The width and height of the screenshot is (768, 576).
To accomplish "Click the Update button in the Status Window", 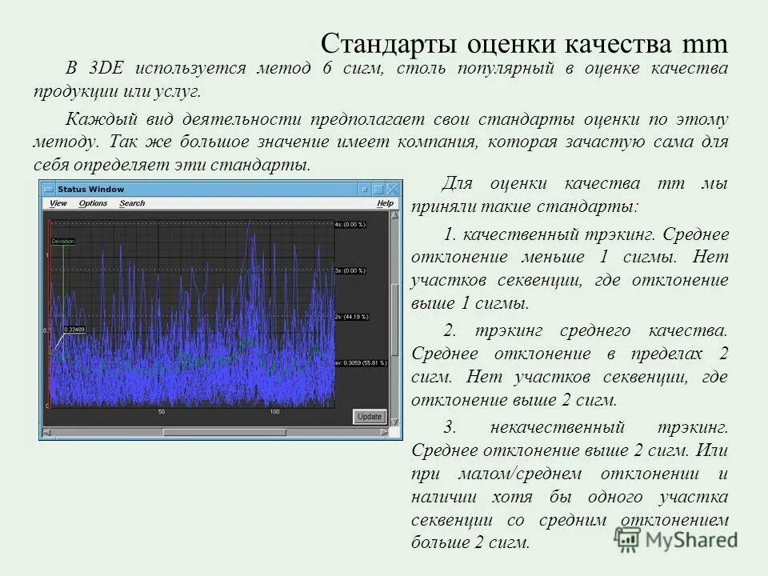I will pyautogui.click(x=370, y=417).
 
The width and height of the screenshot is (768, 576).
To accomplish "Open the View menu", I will pyautogui.click(x=58, y=203).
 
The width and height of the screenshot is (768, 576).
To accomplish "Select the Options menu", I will pyautogui.click(x=93, y=203).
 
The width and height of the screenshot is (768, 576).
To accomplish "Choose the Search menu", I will pyautogui.click(x=132, y=203).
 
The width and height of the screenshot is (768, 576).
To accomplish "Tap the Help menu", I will pyautogui.click(x=386, y=203).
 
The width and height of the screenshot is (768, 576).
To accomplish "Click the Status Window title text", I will pyautogui.click(x=90, y=190).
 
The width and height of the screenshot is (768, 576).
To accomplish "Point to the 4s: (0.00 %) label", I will pyautogui.click(x=350, y=225).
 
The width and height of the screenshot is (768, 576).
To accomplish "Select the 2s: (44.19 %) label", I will pyautogui.click(x=352, y=317).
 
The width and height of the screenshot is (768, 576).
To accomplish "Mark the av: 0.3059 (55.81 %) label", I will pyautogui.click(x=360, y=363).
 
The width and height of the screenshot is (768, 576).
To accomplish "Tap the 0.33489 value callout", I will pyautogui.click(x=74, y=330).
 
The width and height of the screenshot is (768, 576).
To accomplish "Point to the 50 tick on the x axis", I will pyautogui.click(x=162, y=412).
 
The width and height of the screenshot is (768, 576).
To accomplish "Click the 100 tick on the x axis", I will pyautogui.click(x=274, y=412).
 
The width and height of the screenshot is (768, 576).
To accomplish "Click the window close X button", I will pyautogui.click(x=391, y=190).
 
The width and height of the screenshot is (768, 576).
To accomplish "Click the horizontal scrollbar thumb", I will pyautogui.click(x=224, y=433).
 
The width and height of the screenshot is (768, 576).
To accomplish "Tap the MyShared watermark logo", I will pyautogui.click(x=677, y=540).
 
